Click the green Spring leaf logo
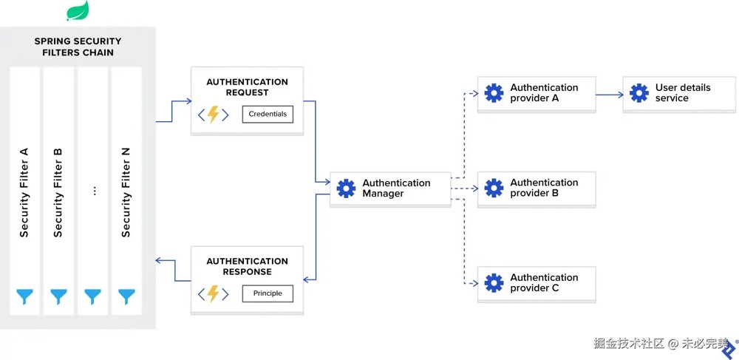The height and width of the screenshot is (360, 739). (x=78, y=10)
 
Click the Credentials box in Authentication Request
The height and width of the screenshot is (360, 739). (x=268, y=114)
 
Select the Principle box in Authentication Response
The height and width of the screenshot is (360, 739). (x=268, y=293)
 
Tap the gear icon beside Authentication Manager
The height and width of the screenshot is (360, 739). (x=346, y=189)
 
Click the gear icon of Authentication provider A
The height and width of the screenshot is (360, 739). (x=494, y=93)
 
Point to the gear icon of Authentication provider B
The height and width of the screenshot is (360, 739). (x=494, y=188)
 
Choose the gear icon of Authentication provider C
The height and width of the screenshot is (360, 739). (x=494, y=282)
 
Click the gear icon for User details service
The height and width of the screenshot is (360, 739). (x=639, y=93)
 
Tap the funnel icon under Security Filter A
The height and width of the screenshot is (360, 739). (x=25, y=297)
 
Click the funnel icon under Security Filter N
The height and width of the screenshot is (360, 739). (x=126, y=297)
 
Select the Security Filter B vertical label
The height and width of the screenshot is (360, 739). (x=58, y=192)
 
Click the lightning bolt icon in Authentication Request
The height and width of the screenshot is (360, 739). (x=214, y=115)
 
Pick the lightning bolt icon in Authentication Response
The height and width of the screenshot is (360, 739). (x=214, y=293)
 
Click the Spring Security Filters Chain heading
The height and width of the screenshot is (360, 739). (x=78, y=47)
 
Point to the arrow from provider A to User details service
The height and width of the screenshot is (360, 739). (x=610, y=95)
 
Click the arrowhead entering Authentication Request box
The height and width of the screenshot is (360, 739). (x=189, y=101)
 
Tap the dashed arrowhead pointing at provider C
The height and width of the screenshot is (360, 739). (x=475, y=284)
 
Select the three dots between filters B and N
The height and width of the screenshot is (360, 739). (x=95, y=191)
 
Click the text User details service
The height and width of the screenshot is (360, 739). (x=682, y=93)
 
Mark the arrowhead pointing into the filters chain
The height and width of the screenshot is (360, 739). (x=159, y=259)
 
